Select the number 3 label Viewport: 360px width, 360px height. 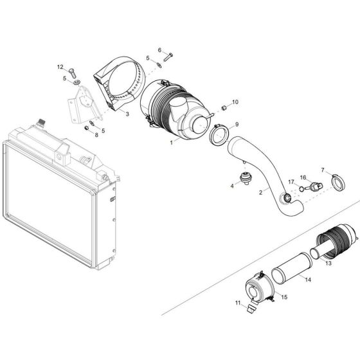pyautogui.click(x=127, y=114)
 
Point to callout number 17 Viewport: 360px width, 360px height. pyautogui.click(x=291, y=182)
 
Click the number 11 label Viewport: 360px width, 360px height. pyautogui.click(x=237, y=303)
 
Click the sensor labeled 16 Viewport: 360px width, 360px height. pyautogui.click(x=313, y=187)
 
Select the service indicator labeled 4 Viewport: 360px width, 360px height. pyautogui.click(x=245, y=178)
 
